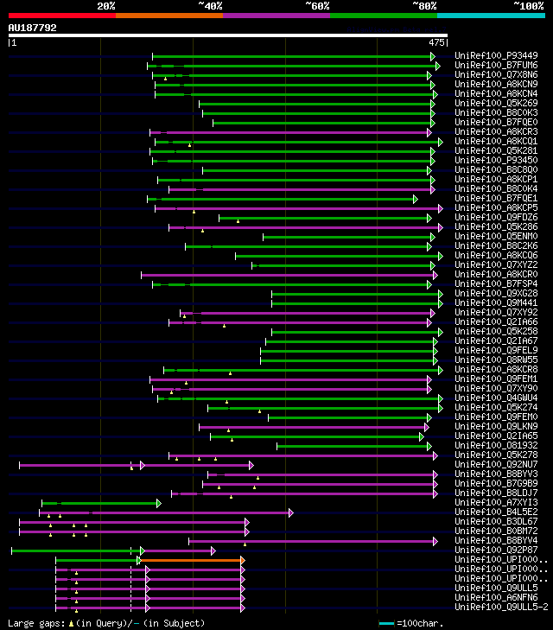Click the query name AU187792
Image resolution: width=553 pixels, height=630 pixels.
[33, 28]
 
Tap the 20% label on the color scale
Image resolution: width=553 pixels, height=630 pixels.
[106, 6]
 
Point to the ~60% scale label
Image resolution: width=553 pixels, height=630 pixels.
[317, 6]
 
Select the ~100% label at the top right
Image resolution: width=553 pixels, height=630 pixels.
[528, 6]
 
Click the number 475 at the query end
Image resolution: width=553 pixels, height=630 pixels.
[436, 41]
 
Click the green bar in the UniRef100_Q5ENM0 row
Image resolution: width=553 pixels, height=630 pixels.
[346, 237]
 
